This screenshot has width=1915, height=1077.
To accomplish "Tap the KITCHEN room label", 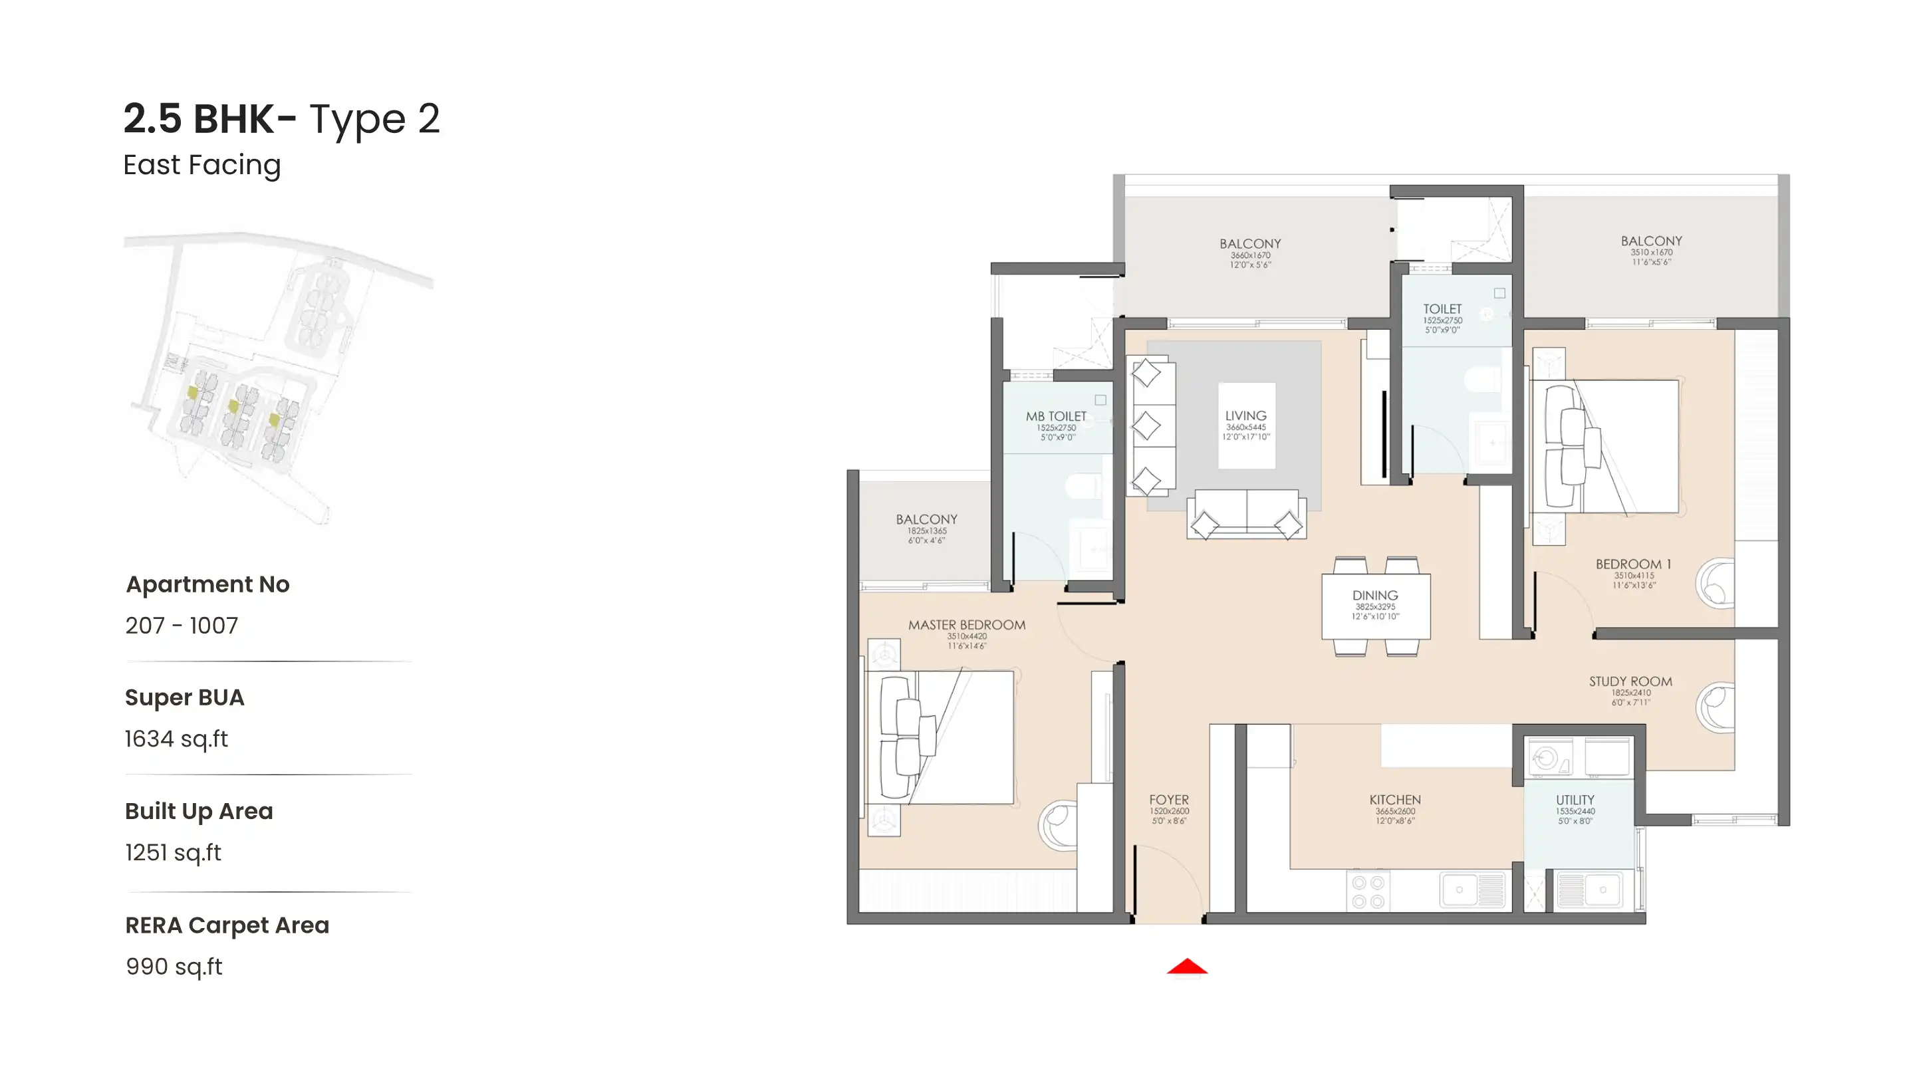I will click(1394, 800).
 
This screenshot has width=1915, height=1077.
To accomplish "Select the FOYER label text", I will click(1169, 800).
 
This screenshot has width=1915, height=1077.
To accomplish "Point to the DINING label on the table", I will click(1374, 596).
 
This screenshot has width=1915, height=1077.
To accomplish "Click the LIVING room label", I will click(1245, 416).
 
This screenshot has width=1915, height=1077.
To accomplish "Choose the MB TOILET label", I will click(1056, 416).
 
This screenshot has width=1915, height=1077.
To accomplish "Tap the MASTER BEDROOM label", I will click(966, 625).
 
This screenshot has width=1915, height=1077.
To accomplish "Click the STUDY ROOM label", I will click(1630, 681).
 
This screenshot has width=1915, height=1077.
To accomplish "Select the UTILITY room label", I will click(1575, 800).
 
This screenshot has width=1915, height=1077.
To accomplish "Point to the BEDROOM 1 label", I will click(1632, 564).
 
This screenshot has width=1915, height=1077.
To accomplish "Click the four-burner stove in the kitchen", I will click(1367, 892).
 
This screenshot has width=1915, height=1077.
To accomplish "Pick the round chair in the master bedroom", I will click(1057, 824).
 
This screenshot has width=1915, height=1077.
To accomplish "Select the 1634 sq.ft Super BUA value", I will click(176, 739).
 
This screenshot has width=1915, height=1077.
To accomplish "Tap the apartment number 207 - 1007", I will click(182, 626).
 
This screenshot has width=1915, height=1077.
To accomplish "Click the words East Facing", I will click(201, 165).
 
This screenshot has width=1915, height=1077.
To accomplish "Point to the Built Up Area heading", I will click(199, 811).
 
